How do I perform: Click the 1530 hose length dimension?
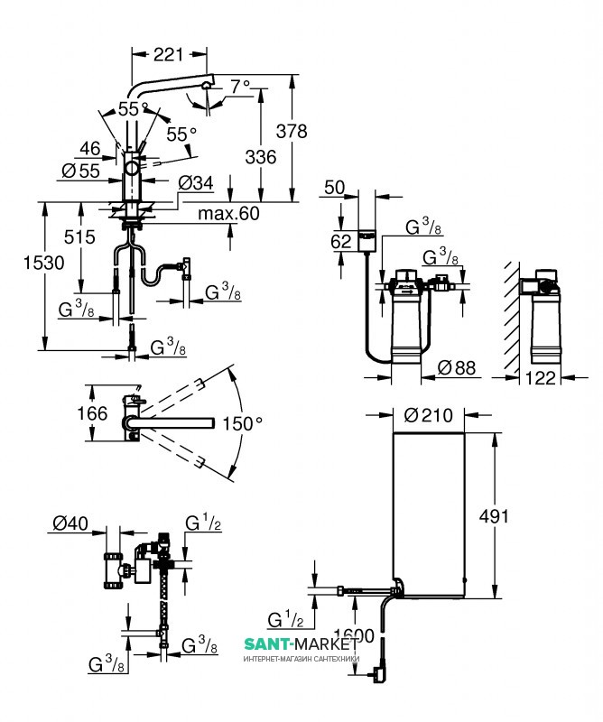(28, 263)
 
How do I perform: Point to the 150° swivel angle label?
(244, 421)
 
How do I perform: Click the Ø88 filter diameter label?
(456, 368)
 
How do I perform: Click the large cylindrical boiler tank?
(429, 514)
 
